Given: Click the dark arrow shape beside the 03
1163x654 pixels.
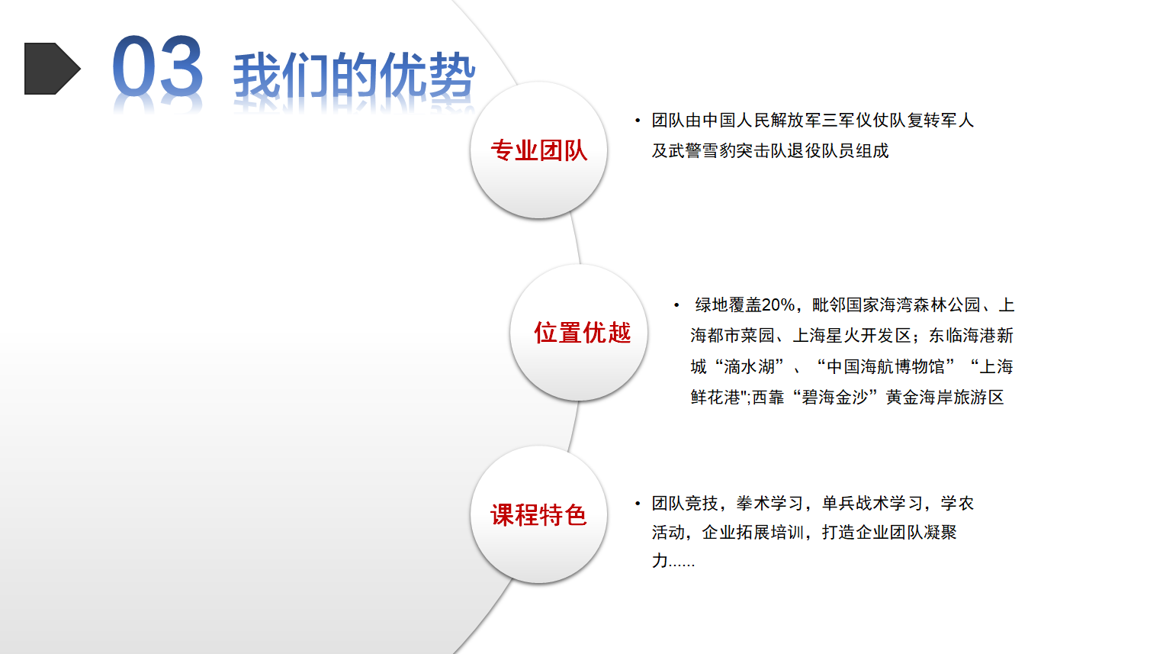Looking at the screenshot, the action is pos(52,69).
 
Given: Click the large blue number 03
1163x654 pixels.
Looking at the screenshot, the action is pos(157,66).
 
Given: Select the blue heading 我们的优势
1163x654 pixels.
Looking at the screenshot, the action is pos(354,76).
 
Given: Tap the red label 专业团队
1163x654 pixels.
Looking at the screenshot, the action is pos(539,150).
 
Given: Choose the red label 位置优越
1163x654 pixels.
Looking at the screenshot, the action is pos(582,333).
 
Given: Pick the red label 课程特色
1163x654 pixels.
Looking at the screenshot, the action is pos(538,515).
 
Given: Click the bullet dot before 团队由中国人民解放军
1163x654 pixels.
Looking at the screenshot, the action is pos(638,121).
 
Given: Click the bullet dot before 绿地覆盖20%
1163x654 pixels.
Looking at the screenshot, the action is pos(676,305).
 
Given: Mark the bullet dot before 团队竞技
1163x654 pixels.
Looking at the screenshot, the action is pos(638,503).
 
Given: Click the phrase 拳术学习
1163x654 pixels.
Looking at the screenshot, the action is pos(770,503).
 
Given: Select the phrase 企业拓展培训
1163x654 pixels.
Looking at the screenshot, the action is pos(753,533).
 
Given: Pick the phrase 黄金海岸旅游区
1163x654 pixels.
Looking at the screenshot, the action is pos(945,398).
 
